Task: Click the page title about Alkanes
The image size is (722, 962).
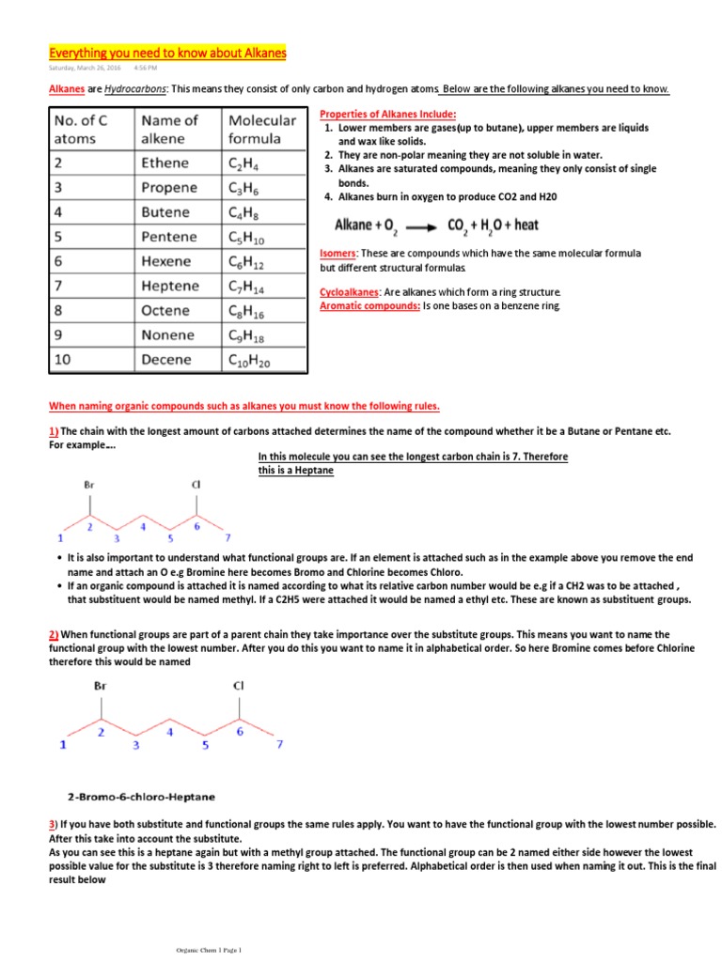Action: [167, 54]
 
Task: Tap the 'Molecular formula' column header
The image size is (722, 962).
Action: [261, 130]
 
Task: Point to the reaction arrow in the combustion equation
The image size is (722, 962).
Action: [419, 225]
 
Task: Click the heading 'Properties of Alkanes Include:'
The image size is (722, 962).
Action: [388, 113]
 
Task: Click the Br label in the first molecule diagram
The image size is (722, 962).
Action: [89, 486]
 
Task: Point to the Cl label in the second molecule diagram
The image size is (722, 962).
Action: [238, 685]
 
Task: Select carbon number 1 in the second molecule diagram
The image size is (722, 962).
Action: [63, 746]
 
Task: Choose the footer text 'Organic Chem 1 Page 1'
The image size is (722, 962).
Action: [203, 951]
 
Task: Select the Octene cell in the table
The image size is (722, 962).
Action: [165, 310]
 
